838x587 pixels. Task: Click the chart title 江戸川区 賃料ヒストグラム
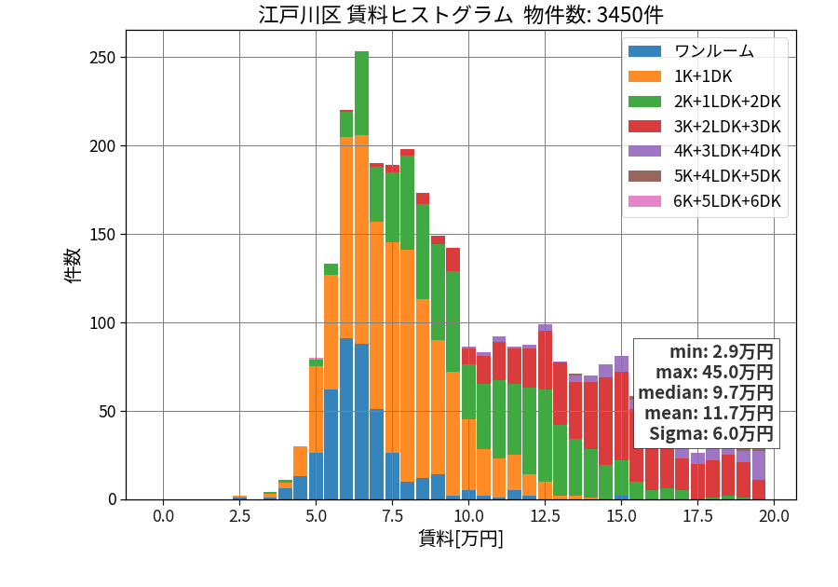pyautogui.click(x=385, y=15)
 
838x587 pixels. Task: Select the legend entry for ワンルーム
pyautogui.click(x=714, y=51)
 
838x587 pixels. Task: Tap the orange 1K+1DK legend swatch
pyautogui.click(x=644, y=76)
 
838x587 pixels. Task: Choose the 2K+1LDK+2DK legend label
pyautogui.click(x=727, y=102)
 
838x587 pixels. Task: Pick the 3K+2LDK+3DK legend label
pyautogui.click(x=727, y=127)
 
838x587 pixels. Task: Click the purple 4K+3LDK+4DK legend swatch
pyautogui.click(x=644, y=151)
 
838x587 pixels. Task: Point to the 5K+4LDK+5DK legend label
pyautogui.click(x=727, y=176)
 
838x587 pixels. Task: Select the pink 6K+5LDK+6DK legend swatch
pyautogui.click(x=644, y=201)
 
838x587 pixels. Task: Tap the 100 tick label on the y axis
pyautogui.click(x=102, y=323)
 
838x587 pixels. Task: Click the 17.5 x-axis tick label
pyautogui.click(x=698, y=516)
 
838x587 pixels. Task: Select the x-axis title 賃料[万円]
pyautogui.click(x=461, y=539)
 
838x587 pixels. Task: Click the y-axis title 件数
pyautogui.click(x=73, y=266)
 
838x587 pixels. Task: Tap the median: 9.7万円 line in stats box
pyautogui.click(x=706, y=392)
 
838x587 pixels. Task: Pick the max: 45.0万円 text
pyautogui.click(x=714, y=372)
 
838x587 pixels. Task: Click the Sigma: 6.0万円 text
pyautogui.click(x=710, y=433)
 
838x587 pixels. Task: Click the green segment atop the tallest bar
pyautogui.click(x=362, y=93)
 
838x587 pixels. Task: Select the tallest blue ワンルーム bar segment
pyautogui.click(x=346, y=419)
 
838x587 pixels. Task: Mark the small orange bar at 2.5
pyautogui.click(x=240, y=498)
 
